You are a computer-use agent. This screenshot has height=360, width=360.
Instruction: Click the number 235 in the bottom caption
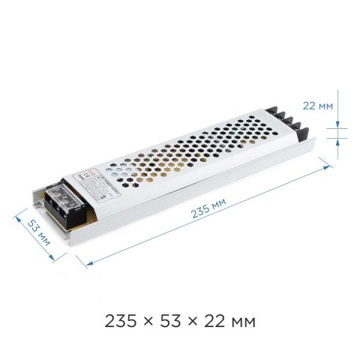coord(121,322)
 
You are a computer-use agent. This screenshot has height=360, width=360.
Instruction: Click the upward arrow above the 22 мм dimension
coord(339,123)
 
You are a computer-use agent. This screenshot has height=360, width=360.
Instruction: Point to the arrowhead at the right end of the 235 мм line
coord(328,169)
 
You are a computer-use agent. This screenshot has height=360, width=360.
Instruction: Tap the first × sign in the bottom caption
coord(149,323)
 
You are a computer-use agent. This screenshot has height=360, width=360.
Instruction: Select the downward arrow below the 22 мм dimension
coord(339,139)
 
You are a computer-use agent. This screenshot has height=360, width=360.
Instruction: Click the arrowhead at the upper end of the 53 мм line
coord(18,218)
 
